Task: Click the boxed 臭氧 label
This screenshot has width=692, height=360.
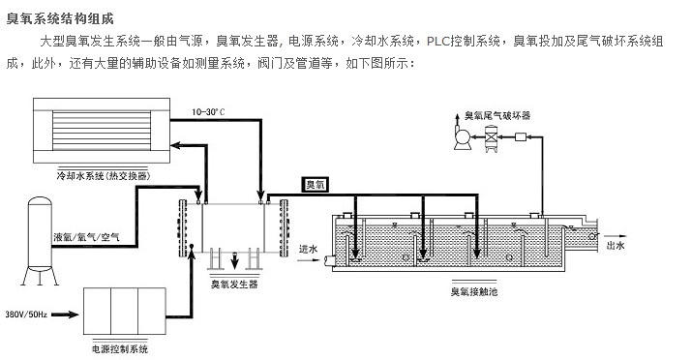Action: tap(316, 184)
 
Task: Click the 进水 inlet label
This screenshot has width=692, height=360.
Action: tap(308, 246)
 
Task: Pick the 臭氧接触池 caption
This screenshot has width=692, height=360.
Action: tap(473, 290)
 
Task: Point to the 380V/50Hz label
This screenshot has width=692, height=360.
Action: tap(27, 315)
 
